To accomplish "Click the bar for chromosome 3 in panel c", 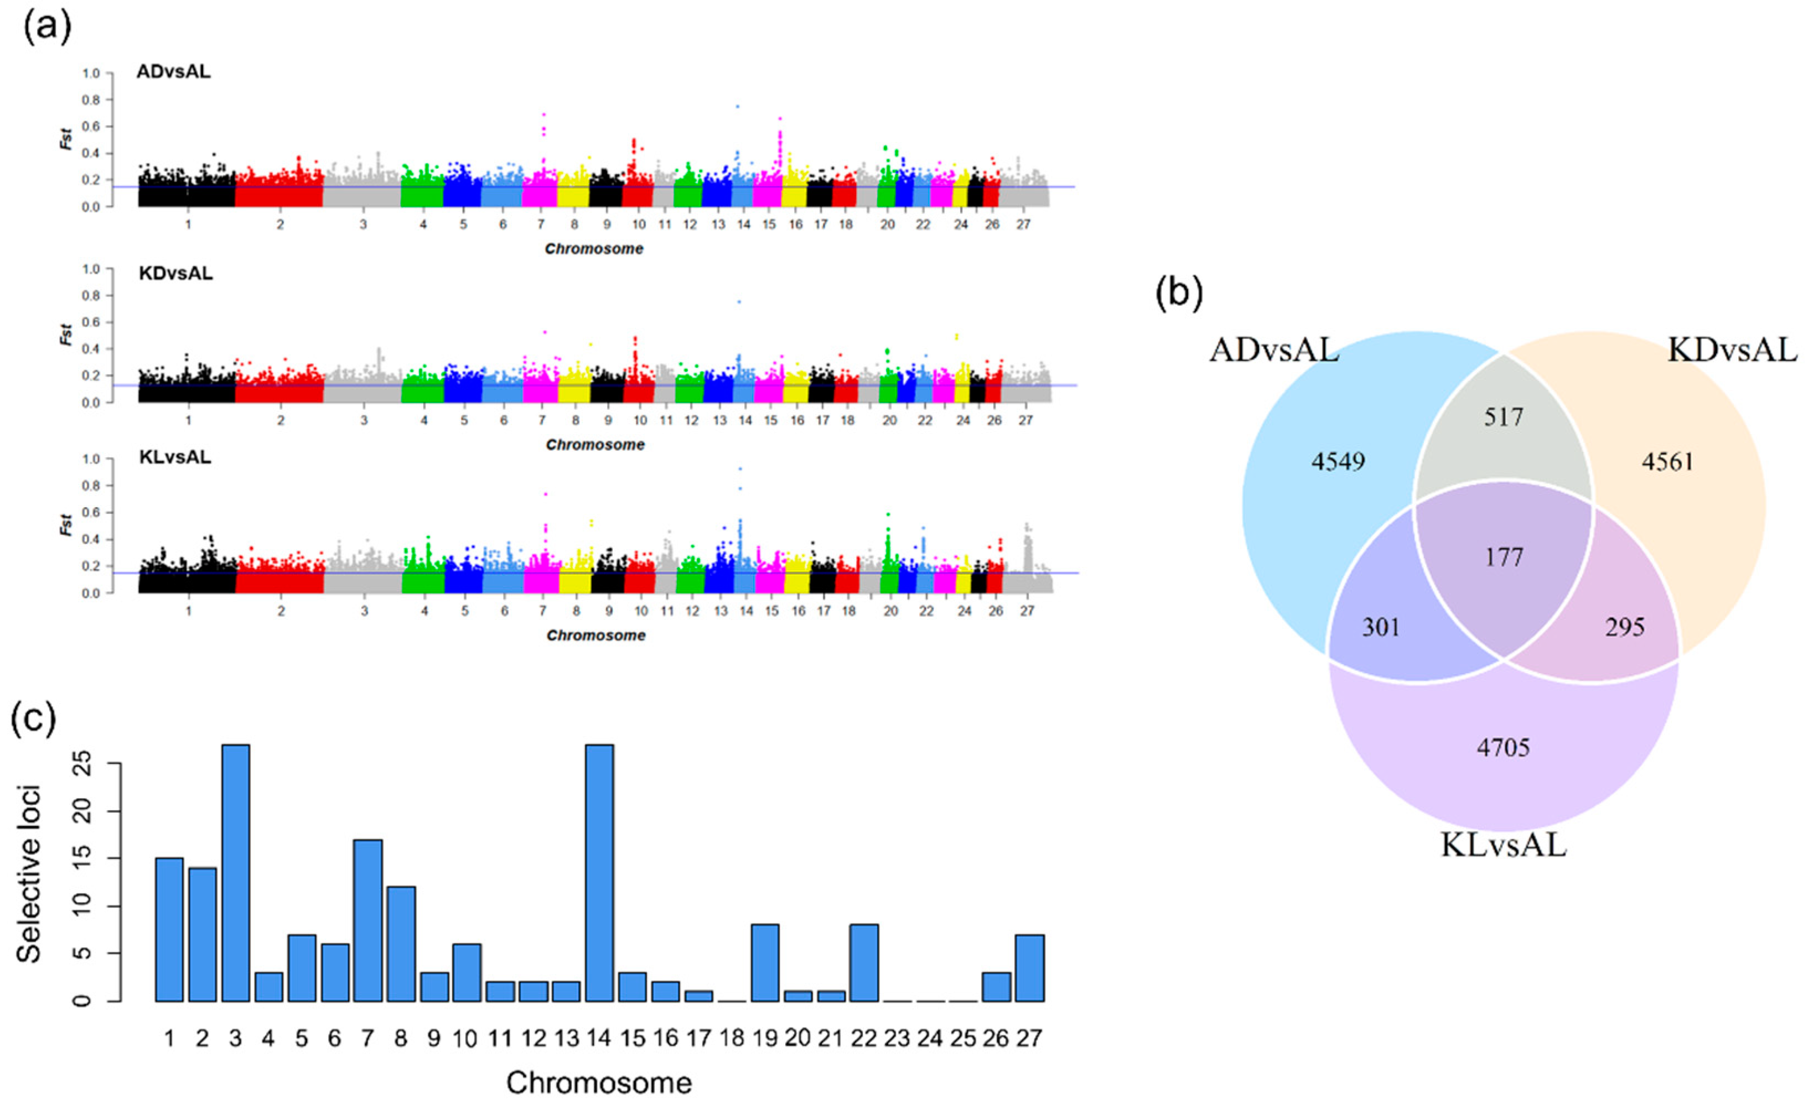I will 236,873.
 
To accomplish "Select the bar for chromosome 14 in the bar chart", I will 599,873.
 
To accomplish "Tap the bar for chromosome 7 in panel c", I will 368,921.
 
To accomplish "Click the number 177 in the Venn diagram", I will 1504,557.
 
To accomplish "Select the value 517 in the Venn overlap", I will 1504,418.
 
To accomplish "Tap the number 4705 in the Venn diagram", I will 1504,748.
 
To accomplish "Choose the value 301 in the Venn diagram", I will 1381,627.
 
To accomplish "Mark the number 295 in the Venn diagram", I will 1625,627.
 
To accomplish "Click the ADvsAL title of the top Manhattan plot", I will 173,72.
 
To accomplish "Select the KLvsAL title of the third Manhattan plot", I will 175,457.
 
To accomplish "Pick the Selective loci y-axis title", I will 29,873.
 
